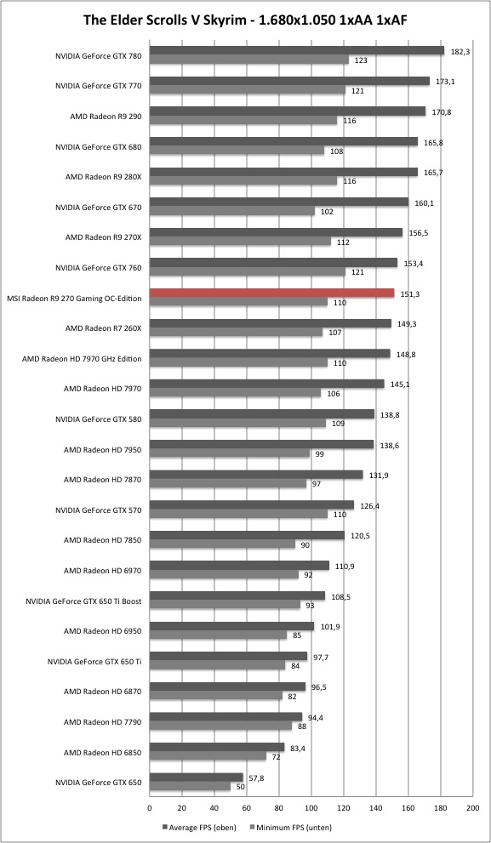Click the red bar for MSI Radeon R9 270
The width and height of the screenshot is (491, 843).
click(271, 293)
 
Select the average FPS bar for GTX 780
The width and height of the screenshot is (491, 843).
click(297, 50)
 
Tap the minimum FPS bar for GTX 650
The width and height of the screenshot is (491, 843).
click(190, 787)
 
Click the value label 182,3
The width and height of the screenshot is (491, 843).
click(458, 50)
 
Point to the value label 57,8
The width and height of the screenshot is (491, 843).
click(254, 777)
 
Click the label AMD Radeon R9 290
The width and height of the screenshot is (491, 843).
click(106, 117)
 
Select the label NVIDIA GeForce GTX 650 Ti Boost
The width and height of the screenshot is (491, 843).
click(83, 601)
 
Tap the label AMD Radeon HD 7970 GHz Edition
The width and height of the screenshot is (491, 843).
click(82, 359)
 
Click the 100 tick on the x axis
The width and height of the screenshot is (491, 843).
click(311, 807)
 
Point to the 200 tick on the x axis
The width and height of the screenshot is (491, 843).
click(473, 807)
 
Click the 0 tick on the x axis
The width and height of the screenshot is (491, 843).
click(150, 807)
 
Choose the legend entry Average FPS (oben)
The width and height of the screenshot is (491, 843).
click(199, 828)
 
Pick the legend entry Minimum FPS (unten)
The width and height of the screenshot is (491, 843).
click(291, 828)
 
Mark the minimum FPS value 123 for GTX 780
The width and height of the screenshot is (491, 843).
click(361, 60)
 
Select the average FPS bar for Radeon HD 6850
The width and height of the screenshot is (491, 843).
click(217, 747)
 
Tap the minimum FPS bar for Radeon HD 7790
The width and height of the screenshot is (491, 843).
click(220, 726)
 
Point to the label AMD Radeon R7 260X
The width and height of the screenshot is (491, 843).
click(103, 328)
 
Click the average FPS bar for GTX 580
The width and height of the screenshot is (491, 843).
click(262, 414)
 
